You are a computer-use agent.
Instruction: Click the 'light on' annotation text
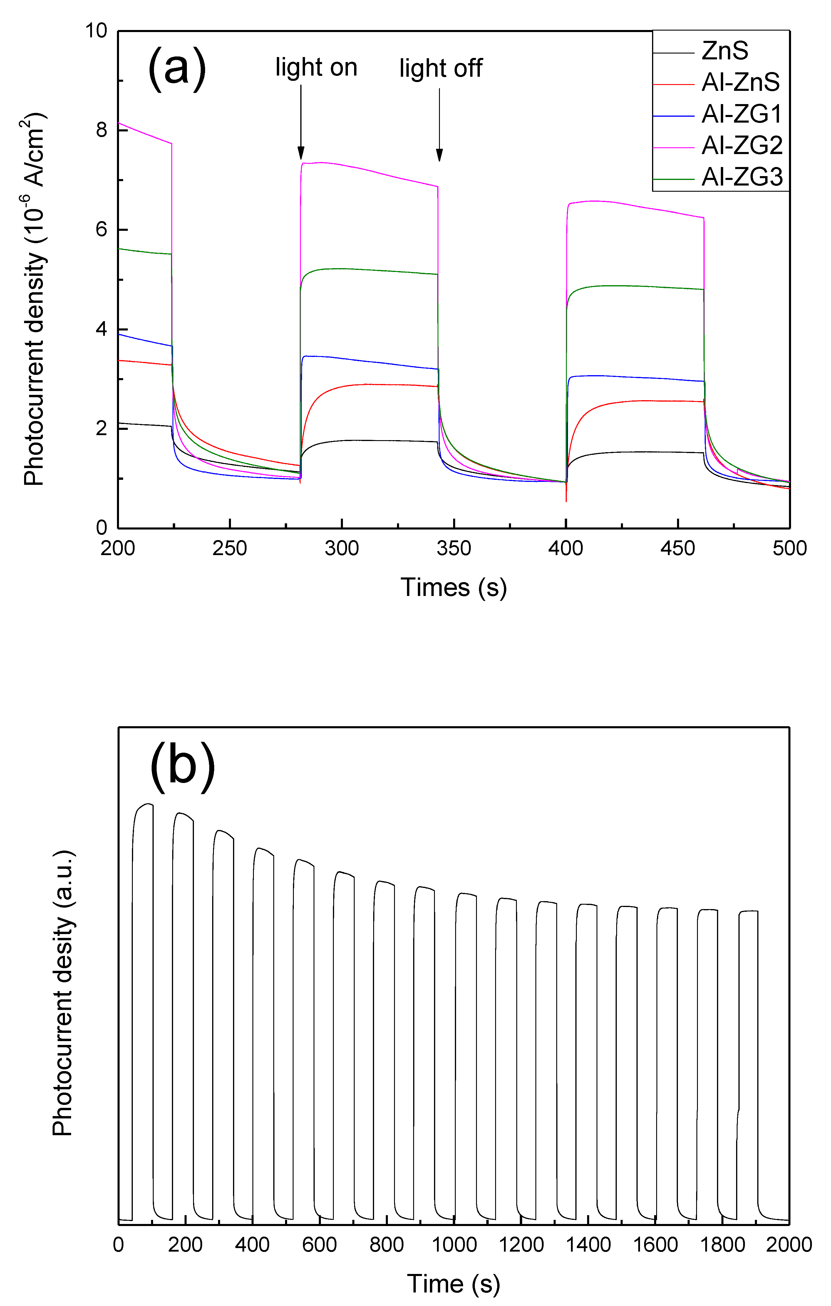pyautogui.click(x=316, y=68)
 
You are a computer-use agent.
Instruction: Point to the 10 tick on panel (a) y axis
pyautogui.click(x=96, y=31)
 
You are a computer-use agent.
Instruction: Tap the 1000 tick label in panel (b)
pyautogui.click(x=454, y=1245)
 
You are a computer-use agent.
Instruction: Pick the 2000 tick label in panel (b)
pyautogui.click(x=789, y=1245)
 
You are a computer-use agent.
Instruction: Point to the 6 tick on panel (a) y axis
pyautogui.click(x=101, y=229)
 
